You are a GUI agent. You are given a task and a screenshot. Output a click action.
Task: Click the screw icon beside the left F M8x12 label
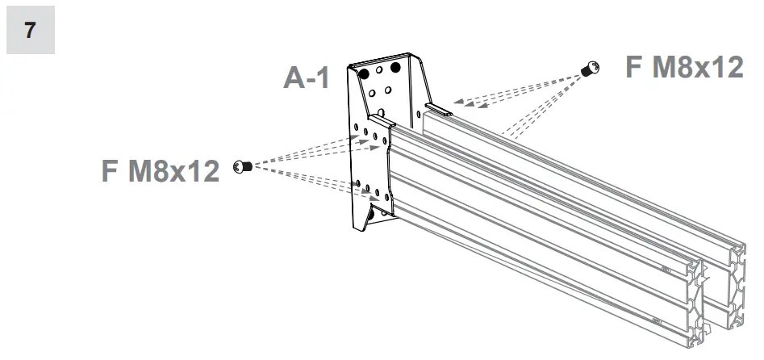tap(239, 166)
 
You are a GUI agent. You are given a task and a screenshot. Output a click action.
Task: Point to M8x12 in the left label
tap(174, 170)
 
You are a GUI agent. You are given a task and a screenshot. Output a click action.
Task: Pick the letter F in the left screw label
tap(111, 170)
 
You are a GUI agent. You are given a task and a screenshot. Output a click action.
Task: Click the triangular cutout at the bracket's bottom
tap(372, 216)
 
